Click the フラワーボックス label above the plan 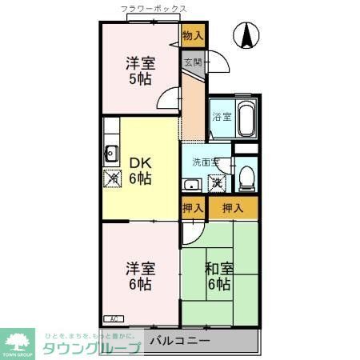(x=154, y=9)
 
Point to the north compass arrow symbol (x=248, y=35)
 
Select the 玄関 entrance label (x=193, y=62)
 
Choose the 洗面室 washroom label (x=203, y=162)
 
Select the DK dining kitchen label (x=141, y=162)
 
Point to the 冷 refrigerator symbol (x=111, y=178)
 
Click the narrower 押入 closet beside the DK (x=193, y=208)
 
